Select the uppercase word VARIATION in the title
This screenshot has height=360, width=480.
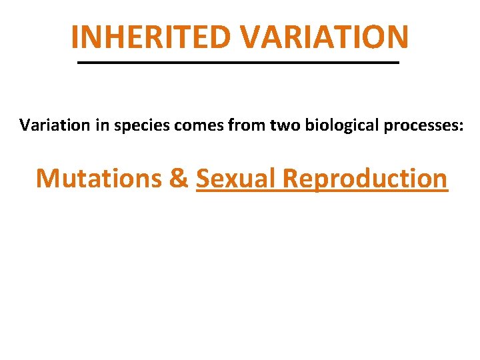(x=325, y=37)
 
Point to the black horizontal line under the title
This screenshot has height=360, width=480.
(x=238, y=62)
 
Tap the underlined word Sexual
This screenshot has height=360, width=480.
(x=235, y=179)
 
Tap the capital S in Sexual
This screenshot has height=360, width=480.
(x=203, y=179)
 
